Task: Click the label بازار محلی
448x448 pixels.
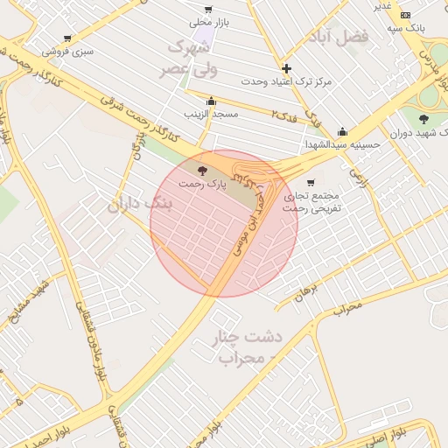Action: (214, 22)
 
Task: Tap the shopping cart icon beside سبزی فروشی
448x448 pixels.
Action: (67, 38)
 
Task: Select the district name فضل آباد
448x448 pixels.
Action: (339, 36)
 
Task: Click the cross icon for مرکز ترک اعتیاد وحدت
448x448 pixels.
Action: (286, 68)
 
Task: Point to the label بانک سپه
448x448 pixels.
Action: (407, 28)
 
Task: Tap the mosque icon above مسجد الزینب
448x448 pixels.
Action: (211, 101)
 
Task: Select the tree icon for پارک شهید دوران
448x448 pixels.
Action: (423, 118)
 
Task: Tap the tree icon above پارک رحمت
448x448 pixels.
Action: (203, 171)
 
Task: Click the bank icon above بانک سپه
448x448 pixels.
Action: (405, 15)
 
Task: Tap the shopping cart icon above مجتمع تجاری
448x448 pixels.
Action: (311, 183)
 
